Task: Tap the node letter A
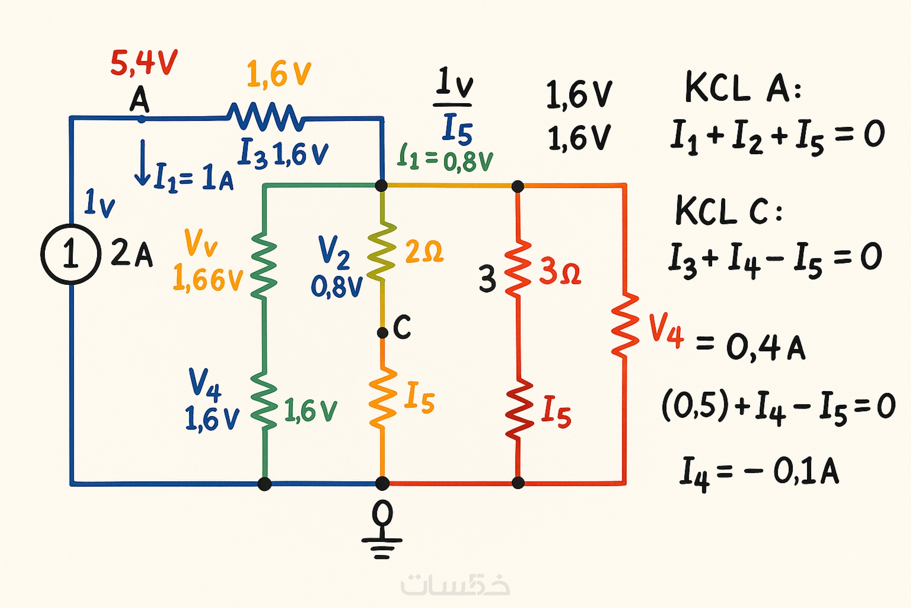click(139, 100)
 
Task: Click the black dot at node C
click(382, 332)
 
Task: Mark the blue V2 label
click(333, 252)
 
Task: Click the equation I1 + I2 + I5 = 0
click(778, 136)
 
